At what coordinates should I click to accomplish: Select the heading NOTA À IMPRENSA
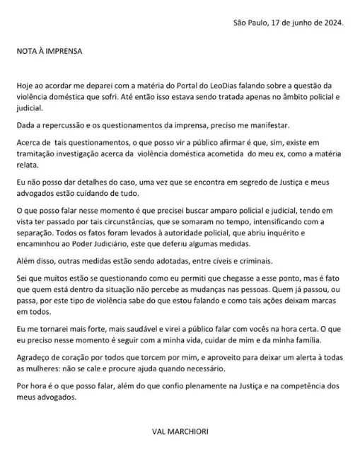[x=50, y=52]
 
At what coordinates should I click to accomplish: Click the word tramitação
[x=37, y=151]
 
